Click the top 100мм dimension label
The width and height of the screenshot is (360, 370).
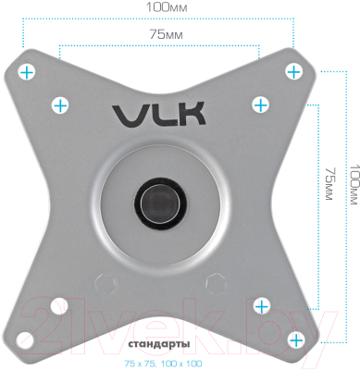pyautogui.click(x=163, y=8)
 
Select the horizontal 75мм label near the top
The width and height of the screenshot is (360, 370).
pyautogui.click(x=162, y=33)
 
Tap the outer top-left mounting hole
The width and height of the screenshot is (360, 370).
pyautogui.click(x=28, y=70)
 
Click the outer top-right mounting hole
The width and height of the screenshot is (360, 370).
pyautogui.click(x=293, y=70)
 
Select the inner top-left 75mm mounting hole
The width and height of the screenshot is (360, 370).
pyautogui.click(x=61, y=105)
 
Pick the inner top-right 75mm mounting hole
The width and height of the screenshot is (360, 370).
pyautogui.click(x=260, y=105)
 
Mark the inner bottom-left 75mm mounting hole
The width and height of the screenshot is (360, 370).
pyautogui.click(x=61, y=303)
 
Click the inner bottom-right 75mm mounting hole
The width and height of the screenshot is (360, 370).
pyautogui.click(x=260, y=303)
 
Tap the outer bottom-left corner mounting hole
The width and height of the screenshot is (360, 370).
pyautogui.click(x=28, y=336)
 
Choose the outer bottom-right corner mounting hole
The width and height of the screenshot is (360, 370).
pyautogui.click(x=293, y=336)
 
